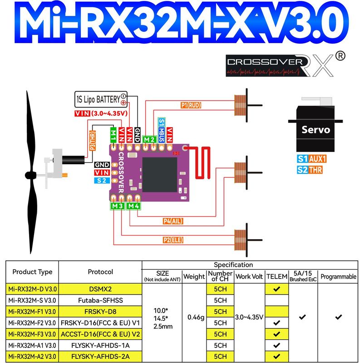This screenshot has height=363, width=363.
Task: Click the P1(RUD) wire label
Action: coord(191,105)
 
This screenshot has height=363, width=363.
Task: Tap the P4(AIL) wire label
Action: coord(173,221)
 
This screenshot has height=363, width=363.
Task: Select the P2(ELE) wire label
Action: coord(173,240)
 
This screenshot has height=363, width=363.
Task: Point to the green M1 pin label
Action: coord(113,135)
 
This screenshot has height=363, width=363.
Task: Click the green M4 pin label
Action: coord(133,206)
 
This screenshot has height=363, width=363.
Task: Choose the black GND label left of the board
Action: coord(102,165)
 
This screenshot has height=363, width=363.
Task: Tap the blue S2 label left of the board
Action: coord(102,181)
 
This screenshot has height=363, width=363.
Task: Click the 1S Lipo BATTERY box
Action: coord(101,99)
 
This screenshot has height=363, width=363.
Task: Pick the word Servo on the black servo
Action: coord(316,130)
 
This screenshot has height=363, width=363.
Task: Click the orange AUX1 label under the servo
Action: coord(317,159)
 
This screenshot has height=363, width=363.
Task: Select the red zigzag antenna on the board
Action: coord(200,162)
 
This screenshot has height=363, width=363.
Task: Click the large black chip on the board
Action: coord(160,175)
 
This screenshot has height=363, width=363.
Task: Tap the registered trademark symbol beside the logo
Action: coord(340,56)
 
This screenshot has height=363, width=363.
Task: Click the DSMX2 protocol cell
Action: coord(100,289)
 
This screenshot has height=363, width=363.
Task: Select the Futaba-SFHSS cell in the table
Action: coord(100,300)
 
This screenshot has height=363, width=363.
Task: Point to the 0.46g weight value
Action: coord(196,317)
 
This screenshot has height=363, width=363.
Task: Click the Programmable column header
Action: coord(338,276)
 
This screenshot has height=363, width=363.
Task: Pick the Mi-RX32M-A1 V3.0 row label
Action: coord(32,345)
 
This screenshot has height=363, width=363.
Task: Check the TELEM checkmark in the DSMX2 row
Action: coord(277,289)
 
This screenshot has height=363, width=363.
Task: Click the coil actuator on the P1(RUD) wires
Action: coord(240,105)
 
